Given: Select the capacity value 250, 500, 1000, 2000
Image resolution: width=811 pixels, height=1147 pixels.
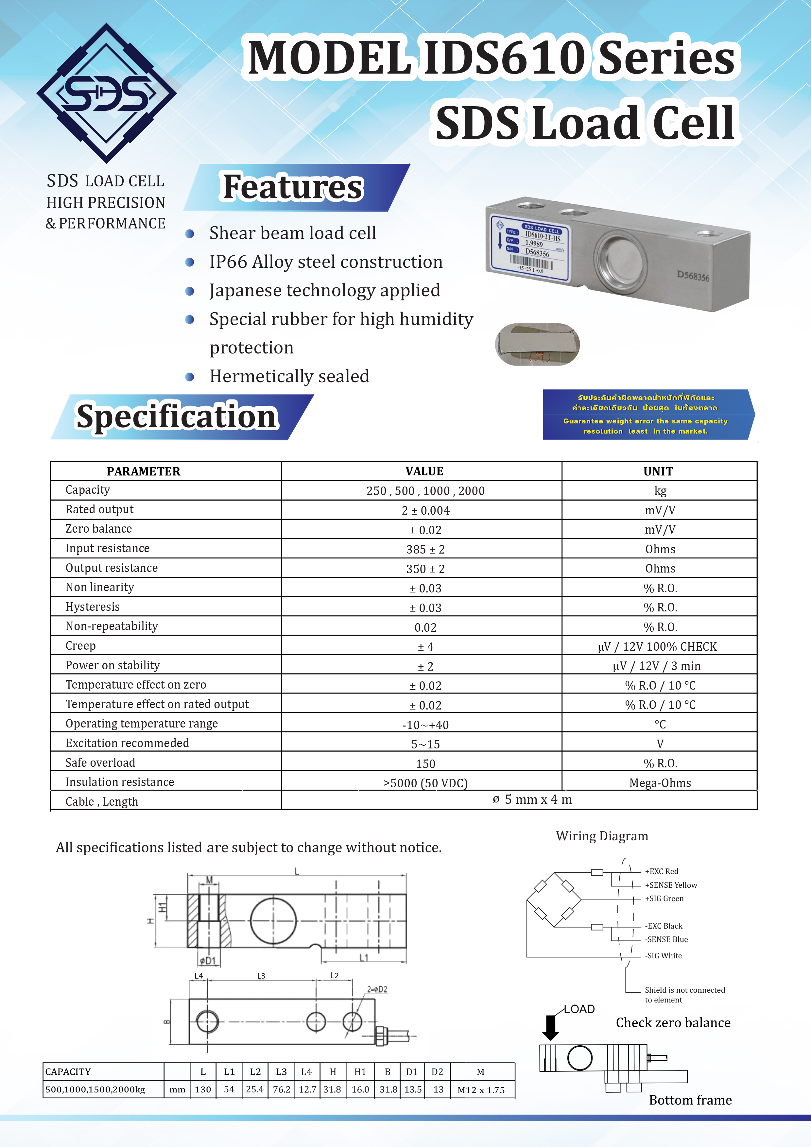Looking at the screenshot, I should tap(425, 490).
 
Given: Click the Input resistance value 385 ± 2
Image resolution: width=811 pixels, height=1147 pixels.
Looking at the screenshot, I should tap(425, 549).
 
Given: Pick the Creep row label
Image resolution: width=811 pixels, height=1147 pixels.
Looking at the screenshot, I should tap(80, 645).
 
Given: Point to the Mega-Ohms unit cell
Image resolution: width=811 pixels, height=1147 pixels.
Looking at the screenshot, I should tap(660, 783).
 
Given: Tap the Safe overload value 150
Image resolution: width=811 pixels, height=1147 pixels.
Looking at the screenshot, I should tap(425, 763).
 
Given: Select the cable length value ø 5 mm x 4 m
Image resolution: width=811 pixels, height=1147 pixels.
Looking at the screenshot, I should tap(532, 799).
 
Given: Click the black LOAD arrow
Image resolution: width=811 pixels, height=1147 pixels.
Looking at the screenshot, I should tap(551, 1028).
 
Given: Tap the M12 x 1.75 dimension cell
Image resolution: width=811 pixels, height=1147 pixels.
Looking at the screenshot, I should tap(481, 1089).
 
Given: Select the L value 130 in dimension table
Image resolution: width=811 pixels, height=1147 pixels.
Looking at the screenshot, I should tap(203, 1089).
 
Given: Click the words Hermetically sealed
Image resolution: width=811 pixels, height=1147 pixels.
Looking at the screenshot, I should tap(289, 376).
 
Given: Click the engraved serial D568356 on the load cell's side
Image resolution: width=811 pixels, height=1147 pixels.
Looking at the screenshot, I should tap(693, 276).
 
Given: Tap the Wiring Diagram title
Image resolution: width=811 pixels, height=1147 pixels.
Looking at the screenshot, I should tap(602, 836).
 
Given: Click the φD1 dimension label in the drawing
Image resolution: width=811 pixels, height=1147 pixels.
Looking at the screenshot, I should tap(207, 960).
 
